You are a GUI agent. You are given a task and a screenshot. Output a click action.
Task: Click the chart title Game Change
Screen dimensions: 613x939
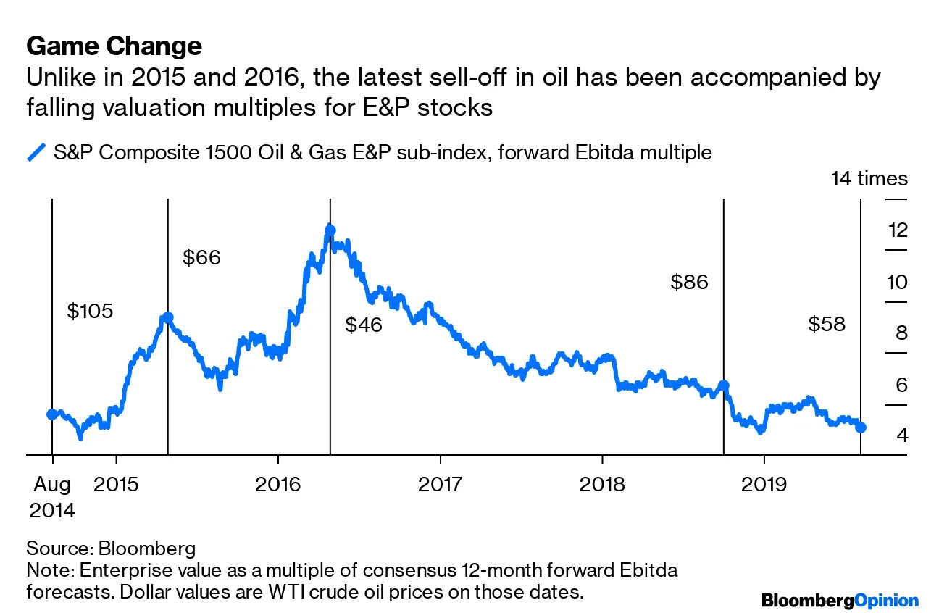114,46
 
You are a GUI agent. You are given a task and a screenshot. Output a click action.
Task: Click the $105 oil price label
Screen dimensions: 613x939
90,312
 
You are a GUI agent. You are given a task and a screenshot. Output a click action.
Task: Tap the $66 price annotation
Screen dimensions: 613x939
201,257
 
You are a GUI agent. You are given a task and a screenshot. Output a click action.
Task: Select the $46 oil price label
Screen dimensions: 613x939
363,325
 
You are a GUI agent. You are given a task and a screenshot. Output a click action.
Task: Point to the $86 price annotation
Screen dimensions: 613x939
688,282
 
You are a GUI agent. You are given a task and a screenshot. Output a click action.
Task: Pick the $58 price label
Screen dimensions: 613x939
827,324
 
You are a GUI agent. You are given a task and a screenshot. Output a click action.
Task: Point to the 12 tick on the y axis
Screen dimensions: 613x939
897,231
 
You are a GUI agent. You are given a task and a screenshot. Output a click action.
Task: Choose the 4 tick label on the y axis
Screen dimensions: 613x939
901,435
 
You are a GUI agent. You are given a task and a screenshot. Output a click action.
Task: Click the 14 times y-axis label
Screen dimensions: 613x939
869,178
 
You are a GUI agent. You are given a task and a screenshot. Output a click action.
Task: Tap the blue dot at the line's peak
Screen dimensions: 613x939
330,230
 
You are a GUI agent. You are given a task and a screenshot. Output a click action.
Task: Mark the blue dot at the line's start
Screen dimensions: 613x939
52,414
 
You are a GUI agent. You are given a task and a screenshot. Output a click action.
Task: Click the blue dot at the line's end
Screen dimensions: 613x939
861,428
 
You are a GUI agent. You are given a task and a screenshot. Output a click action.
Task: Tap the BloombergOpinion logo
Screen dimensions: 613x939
840,600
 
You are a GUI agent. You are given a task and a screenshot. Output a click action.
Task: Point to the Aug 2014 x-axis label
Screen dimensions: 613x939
52,496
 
